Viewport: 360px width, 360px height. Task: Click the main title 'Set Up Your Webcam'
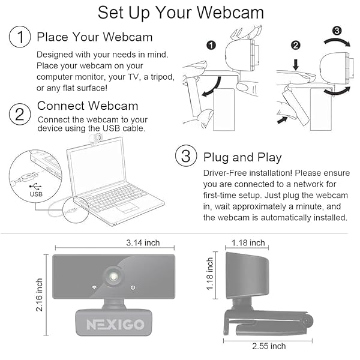tap(181, 13)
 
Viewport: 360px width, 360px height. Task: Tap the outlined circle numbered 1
tap(20, 37)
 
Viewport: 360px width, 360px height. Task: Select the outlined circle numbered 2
tap(20, 114)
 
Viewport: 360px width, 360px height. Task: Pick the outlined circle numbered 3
tap(186, 155)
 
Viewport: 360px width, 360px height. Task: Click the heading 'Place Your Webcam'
tap(95, 37)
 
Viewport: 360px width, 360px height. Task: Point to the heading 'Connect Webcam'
tap(88, 106)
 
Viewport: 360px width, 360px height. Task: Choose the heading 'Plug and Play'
tap(242, 158)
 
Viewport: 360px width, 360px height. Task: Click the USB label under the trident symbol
tap(36, 194)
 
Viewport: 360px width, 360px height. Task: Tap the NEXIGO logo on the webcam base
tap(115, 324)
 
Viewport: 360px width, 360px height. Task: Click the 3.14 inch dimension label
tap(143, 242)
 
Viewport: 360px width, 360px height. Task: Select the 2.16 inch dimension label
tap(39, 295)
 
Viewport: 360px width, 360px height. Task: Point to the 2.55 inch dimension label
tap(269, 346)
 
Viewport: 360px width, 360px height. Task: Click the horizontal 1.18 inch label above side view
tap(248, 242)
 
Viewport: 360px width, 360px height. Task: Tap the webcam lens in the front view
tap(113, 277)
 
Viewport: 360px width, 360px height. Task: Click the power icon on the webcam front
tap(133, 287)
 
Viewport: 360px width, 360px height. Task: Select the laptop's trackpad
tap(128, 208)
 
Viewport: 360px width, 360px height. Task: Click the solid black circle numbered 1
tap(211, 45)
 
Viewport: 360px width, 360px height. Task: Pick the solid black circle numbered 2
tap(296, 45)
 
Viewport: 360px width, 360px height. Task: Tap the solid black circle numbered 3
tap(337, 31)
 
